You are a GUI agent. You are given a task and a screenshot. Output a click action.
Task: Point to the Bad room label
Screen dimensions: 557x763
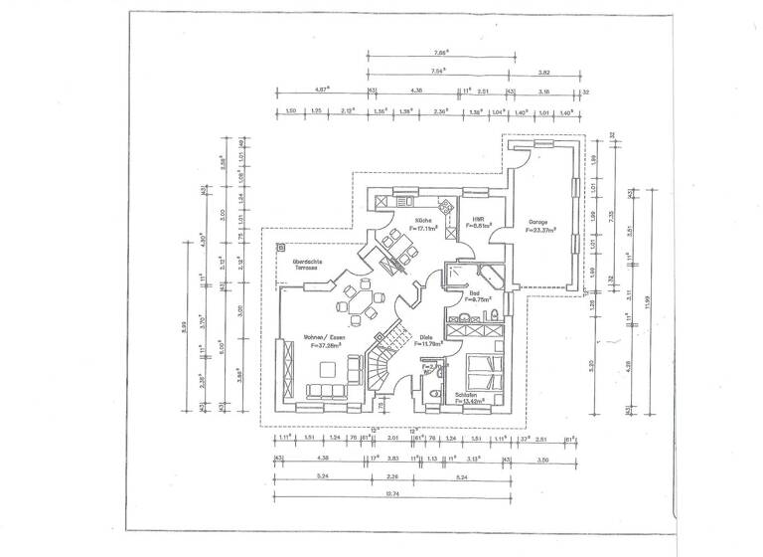[x=475, y=292]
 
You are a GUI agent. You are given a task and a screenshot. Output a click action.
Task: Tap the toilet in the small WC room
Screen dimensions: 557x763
[x=434, y=394]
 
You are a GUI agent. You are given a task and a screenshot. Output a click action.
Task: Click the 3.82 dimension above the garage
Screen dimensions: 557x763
[x=544, y=73]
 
